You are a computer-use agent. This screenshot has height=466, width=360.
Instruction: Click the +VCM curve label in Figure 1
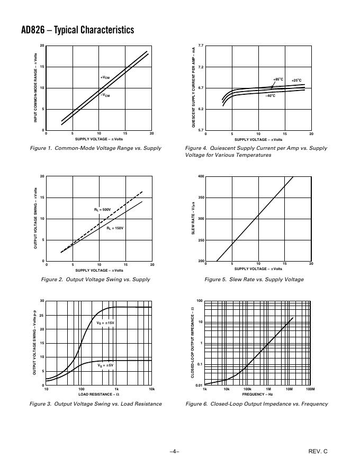click(105, 78)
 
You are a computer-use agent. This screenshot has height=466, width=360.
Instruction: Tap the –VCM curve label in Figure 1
click(105, 95)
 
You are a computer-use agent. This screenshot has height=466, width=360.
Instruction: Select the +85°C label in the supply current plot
click(278, 79)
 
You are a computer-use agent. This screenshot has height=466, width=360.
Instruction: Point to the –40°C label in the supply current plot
click(270, 96)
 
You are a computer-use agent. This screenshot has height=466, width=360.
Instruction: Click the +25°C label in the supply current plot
click(296, 80)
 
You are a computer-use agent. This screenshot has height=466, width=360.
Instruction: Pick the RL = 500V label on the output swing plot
click(102, 210)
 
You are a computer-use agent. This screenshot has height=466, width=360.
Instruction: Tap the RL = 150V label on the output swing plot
click(115, 228)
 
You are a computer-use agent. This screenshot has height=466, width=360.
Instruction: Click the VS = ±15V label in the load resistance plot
click(105, 322)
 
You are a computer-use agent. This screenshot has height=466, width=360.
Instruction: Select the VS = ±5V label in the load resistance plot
click(105, 365)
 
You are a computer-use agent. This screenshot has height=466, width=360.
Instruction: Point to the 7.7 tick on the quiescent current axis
click(201, 47)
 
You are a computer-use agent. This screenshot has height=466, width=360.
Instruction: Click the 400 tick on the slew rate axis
click(201, 176)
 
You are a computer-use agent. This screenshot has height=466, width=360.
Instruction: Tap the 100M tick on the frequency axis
click(310, 389)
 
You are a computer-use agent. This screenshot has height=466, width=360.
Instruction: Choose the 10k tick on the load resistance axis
click(151, 389)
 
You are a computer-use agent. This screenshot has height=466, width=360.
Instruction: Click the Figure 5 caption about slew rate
click(254, 279)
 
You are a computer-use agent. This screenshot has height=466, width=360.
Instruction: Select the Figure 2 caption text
click(95, 279)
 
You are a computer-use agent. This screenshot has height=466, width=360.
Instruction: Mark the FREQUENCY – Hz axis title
click(258, 395)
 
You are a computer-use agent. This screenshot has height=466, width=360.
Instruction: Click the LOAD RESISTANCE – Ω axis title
click(99, 395)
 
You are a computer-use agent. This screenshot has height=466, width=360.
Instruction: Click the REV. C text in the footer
click(318, 451)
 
